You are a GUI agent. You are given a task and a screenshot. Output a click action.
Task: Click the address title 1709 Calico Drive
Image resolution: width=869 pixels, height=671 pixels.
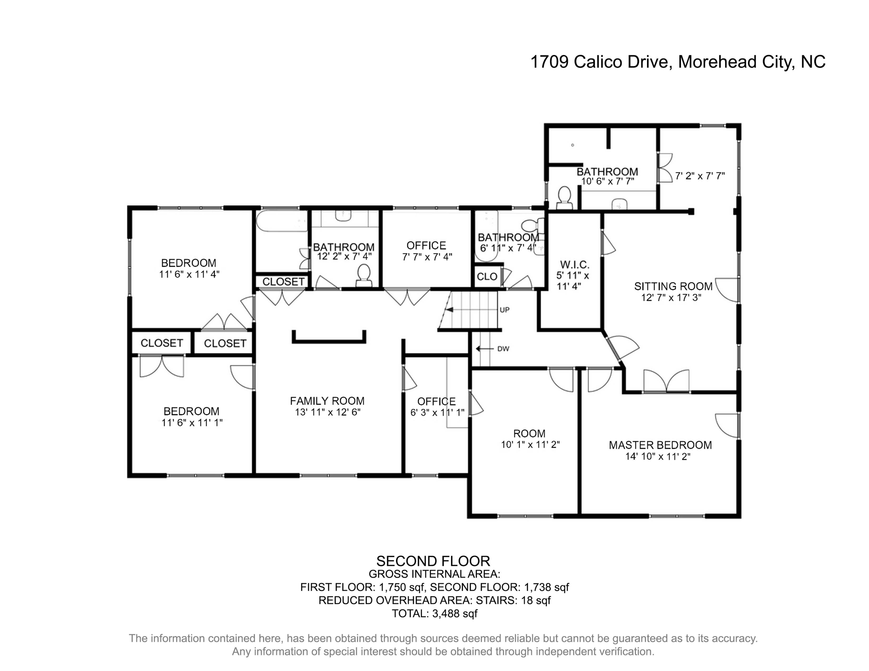tap(677, 62)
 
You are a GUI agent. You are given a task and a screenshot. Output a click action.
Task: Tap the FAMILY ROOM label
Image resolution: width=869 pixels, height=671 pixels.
tap(327, 401)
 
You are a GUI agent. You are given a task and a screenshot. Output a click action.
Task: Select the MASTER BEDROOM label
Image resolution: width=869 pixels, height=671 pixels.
tap(660, 445)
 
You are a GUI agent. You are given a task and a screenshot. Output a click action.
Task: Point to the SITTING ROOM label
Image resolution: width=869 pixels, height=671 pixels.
tap(673, 287)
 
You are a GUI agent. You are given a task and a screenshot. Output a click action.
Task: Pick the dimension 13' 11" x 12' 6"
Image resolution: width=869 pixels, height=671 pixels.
tap(327, 412)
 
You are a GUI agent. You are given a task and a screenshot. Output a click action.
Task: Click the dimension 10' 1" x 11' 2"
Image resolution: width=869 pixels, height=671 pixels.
tap(530, 445)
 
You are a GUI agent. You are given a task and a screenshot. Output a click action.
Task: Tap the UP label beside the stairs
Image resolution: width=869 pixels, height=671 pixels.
tap(504, 310)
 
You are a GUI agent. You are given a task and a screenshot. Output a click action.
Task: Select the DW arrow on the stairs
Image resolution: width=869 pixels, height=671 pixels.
tap(484, 349)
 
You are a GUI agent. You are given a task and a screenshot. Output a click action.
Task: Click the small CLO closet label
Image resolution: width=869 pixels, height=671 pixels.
tap(487, 277)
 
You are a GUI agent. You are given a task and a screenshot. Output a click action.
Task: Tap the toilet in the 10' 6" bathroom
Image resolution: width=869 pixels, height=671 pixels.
tap(564, 198)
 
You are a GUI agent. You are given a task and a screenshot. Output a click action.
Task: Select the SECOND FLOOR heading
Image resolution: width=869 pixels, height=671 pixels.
tap(433, 561)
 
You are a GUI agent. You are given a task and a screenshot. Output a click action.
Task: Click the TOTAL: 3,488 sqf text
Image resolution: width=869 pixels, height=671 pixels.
tap(434, 614)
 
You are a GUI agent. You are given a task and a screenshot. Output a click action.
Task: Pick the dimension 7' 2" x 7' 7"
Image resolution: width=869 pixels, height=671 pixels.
tap(699, 176)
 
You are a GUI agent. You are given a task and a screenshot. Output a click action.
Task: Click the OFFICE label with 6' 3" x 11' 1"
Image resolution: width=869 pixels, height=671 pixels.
tap(436, 401)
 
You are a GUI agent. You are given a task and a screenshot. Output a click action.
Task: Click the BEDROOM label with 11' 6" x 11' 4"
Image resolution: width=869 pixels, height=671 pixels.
tap(188, 263)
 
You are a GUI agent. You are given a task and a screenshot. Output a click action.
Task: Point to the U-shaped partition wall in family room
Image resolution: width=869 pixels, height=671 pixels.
tap(329, 340)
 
